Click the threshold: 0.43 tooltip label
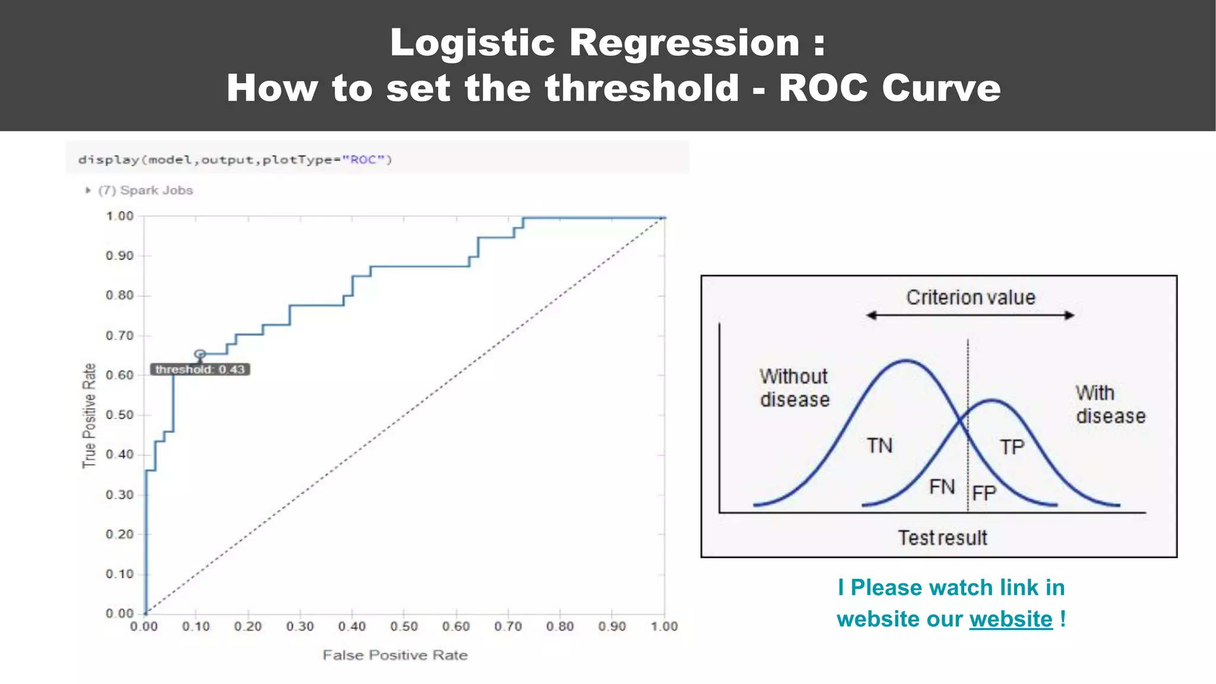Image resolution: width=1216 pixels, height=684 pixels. coord(200,369)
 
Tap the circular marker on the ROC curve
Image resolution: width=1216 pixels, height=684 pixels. coord(200,354)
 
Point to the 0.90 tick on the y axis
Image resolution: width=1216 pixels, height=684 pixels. coord(120,256)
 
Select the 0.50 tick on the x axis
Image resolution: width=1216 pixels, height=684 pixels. coord(404,626)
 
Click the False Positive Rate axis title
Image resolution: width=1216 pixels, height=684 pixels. coord(395,655)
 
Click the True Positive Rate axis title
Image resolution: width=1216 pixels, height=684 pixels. coord(89,416)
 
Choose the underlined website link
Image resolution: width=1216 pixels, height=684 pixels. coord(1011,619)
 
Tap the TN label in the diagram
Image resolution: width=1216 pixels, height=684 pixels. coord(879,445)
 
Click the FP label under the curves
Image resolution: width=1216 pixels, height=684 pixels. coord(984,493)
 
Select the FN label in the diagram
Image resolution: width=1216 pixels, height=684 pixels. coord(942,487)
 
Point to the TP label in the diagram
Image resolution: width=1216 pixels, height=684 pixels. coord(1012,446)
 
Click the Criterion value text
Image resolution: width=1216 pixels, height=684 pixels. coord(970,297)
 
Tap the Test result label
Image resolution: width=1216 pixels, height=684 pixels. coord(942,538)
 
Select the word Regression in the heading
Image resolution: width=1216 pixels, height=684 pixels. coord(684,43)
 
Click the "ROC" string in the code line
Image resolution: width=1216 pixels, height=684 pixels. coord(363,160)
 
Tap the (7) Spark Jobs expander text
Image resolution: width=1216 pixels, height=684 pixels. coord(145,191)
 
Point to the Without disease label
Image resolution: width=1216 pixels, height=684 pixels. coord(794,388)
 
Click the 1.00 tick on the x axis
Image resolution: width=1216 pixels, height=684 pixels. coord(664,626)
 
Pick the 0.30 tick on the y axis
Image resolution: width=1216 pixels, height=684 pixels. coord(120,495)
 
